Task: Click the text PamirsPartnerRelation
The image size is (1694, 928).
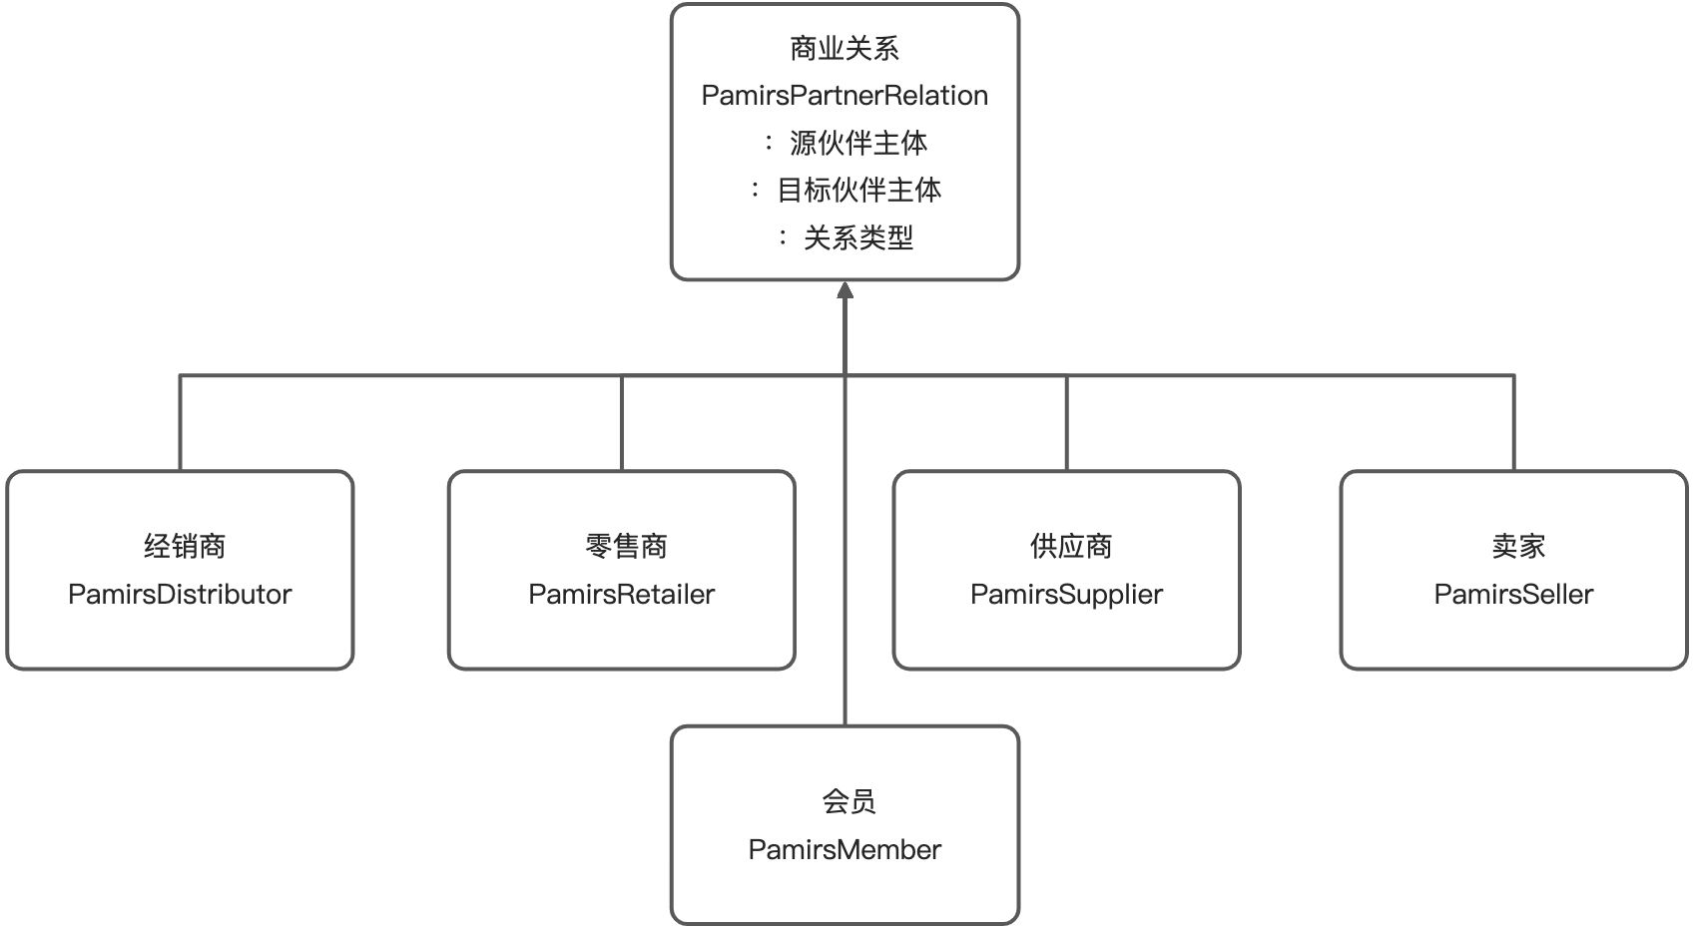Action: pos(845,96)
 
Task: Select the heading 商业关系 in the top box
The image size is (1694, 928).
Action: pos(845,48)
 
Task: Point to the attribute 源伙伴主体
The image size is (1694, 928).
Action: pos(857,144)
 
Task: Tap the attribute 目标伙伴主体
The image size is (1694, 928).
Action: pos(858,191)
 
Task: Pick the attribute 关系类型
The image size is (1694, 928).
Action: pos(857,238)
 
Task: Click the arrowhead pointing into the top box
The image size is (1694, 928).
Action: pos(846,290)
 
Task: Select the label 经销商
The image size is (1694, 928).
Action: pos(185,547)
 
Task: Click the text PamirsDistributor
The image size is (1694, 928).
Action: pos(180,595)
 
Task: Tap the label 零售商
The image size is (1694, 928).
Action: pos(626,547)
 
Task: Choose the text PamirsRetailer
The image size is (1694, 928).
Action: pos(621,595)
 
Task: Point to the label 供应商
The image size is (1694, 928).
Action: pos(1070,547)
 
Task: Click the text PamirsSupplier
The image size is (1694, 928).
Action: pos(1066,595)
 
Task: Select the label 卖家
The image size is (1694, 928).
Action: pos(1517,547)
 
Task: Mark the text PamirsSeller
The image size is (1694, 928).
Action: pos(1513,595)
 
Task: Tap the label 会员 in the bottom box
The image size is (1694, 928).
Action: pos(848,801)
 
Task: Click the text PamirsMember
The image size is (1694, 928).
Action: pos(845,850)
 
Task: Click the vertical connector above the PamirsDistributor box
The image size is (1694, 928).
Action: pos(180,423)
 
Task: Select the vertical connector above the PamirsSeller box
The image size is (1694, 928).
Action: pos(1514,423)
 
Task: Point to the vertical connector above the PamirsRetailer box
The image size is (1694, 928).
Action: pos(622,423)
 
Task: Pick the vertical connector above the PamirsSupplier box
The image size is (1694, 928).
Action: pos(1067,423)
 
